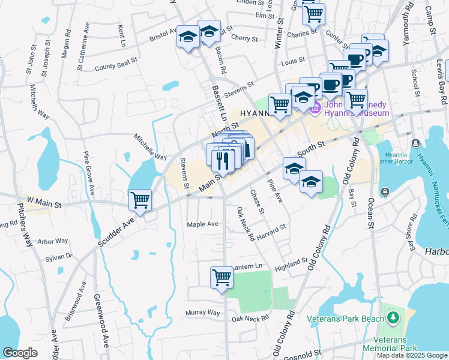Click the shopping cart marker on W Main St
(x=140, y=200)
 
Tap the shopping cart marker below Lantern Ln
(x=221, y=278)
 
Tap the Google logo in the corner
(x=20, y=353)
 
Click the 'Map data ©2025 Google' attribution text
(x=411, y=355)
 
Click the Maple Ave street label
(x=202, y=224)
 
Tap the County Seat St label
(x=116, y=64)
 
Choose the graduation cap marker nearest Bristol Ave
(x=188, y=38)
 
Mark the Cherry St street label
(x=244, y=38)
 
